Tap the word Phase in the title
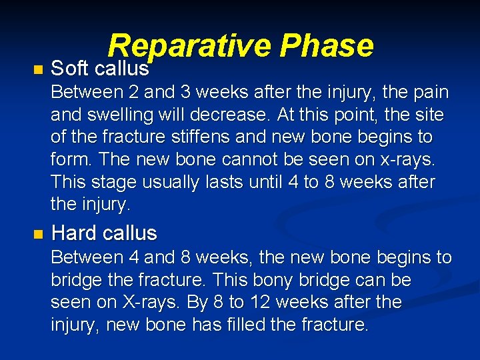click(327, 45)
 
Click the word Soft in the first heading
click(70, 68)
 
